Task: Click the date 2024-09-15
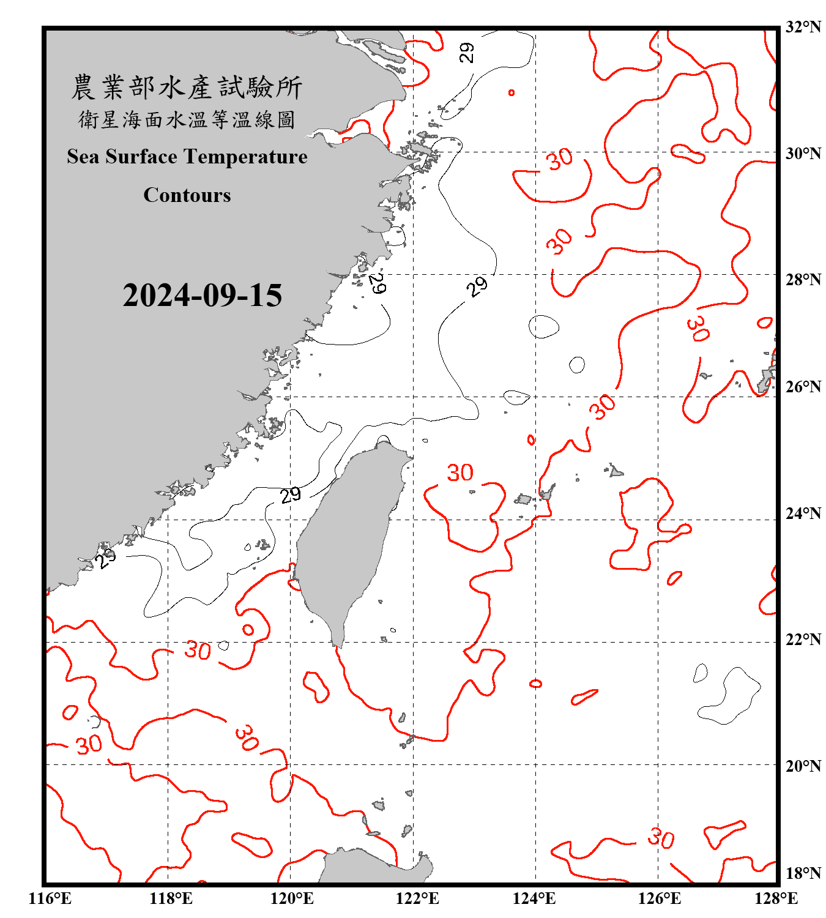pyautogui.click(x=202, y=295)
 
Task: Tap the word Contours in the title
pyautogui.click(x=187, y=195)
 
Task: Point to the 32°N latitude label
pyautogui.click(x=803, y=27)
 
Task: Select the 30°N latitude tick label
pyautogui.click(x=803, y=153)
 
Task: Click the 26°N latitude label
pyautogui.click(x=803, y=387)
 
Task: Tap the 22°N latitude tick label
pyautogui.click(x=803, y=640)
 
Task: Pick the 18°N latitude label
pyautogui.click(x=803, y=873)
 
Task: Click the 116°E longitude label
pyautogui.click(x=50, y=898)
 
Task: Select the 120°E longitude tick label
pyautogui.click(x=292, y=898)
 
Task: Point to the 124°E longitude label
pyautogui.click(x=534, y=898)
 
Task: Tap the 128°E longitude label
pyautogui.click(x=776, y=898)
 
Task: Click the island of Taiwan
pyautogui.click(x=349, y=539)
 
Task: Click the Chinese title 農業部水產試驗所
pyautogui.click(x=187, y=88)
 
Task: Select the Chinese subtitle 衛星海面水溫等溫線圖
pyautogui.click(x=187, y=119)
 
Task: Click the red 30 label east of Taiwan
pyautogui.click(x=460, y=472)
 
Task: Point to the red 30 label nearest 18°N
pyautogui.click(x=661, y=838)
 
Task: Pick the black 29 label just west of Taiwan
pyautogui.click(x=291, y=494)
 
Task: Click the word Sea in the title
pyautogui.click(x=84, y=157)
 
